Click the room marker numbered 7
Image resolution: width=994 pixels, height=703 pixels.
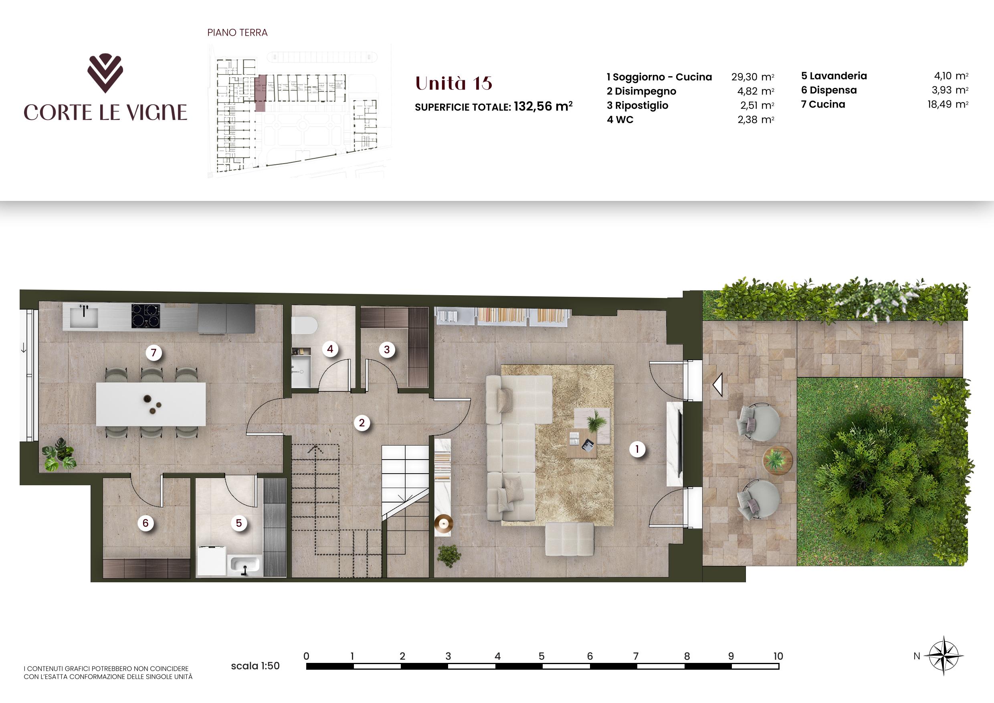(x=153, y=353)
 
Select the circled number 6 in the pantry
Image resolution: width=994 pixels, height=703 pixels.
(x=145, y=523)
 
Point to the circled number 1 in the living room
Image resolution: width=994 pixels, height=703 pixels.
(x=637, y=449)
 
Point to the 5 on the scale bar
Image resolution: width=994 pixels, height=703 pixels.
(x=541, y=656)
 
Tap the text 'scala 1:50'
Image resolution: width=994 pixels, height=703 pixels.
(x=255, y=666)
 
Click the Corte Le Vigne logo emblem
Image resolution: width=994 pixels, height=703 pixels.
(x=105, y=74)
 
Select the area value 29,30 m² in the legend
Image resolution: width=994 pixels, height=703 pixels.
(x=752, y=77)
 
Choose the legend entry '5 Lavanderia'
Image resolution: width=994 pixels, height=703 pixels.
(x=834, y=76)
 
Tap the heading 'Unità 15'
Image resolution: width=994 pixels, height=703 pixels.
(x=454, y=83)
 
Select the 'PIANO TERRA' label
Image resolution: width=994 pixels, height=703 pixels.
(x=238, y=32)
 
